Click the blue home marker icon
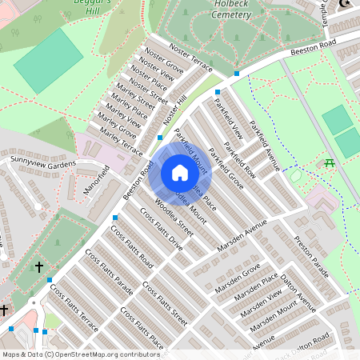(x=180, y=173)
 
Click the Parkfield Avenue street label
(x=264, y=146)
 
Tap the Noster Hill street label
(x=174, y=112)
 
